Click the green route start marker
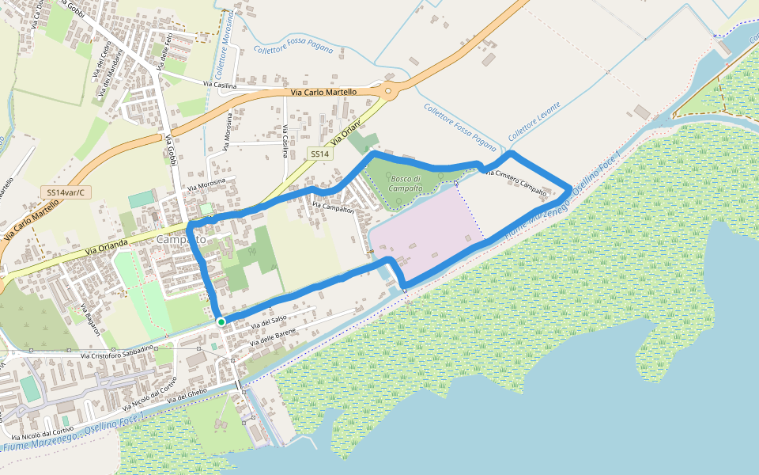click(221, 321)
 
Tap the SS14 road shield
click(319, 154)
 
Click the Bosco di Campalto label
click(406, 183)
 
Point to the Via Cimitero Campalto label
click(515, 181)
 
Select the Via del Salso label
click(268, 321)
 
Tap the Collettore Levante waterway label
click(534, 121)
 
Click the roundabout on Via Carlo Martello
click(390, 91)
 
